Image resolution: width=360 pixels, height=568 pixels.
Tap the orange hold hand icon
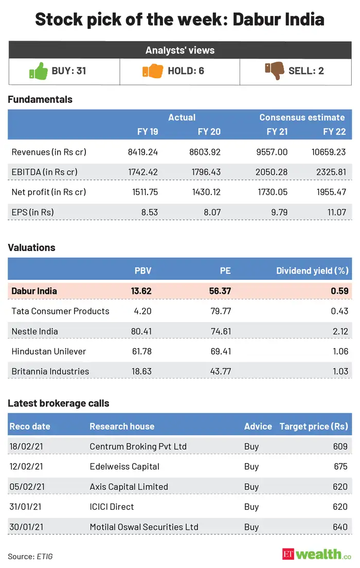pos(152,70)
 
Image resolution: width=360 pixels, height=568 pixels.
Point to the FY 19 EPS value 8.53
pos(148,212)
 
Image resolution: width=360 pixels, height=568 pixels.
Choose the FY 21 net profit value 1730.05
pos(271,192)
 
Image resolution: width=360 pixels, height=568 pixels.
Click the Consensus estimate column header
pos(302,117)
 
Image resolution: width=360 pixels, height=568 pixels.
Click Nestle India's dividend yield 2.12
pos(339,331)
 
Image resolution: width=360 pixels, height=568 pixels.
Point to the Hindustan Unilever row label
pos(49,351)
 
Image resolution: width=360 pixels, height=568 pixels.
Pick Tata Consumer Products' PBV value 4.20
pos(141,311)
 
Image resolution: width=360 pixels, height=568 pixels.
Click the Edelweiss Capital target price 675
pos(340,467)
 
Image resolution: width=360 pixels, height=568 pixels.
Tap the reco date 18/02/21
pos(26,447)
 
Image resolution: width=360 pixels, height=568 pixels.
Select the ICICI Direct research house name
pos(112,507)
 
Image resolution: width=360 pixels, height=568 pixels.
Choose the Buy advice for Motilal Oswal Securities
pos(251,527)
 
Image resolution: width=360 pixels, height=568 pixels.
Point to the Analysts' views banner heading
pos(180,50)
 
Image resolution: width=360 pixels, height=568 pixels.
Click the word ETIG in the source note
pos(44,557)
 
